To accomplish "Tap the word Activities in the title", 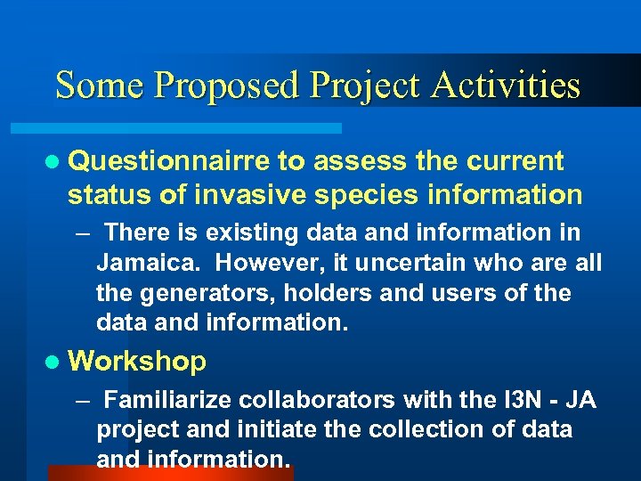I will [507, 86].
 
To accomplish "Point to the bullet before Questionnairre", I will [55, 162].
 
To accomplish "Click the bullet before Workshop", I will [55, 362].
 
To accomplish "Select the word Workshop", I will [137, 362].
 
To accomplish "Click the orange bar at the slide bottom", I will [169, 473].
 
